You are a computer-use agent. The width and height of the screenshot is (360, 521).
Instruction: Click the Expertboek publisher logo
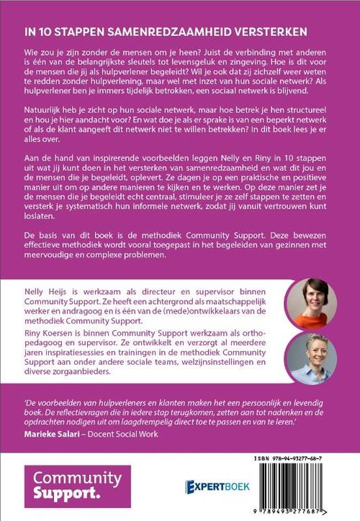tap(218, 486)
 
